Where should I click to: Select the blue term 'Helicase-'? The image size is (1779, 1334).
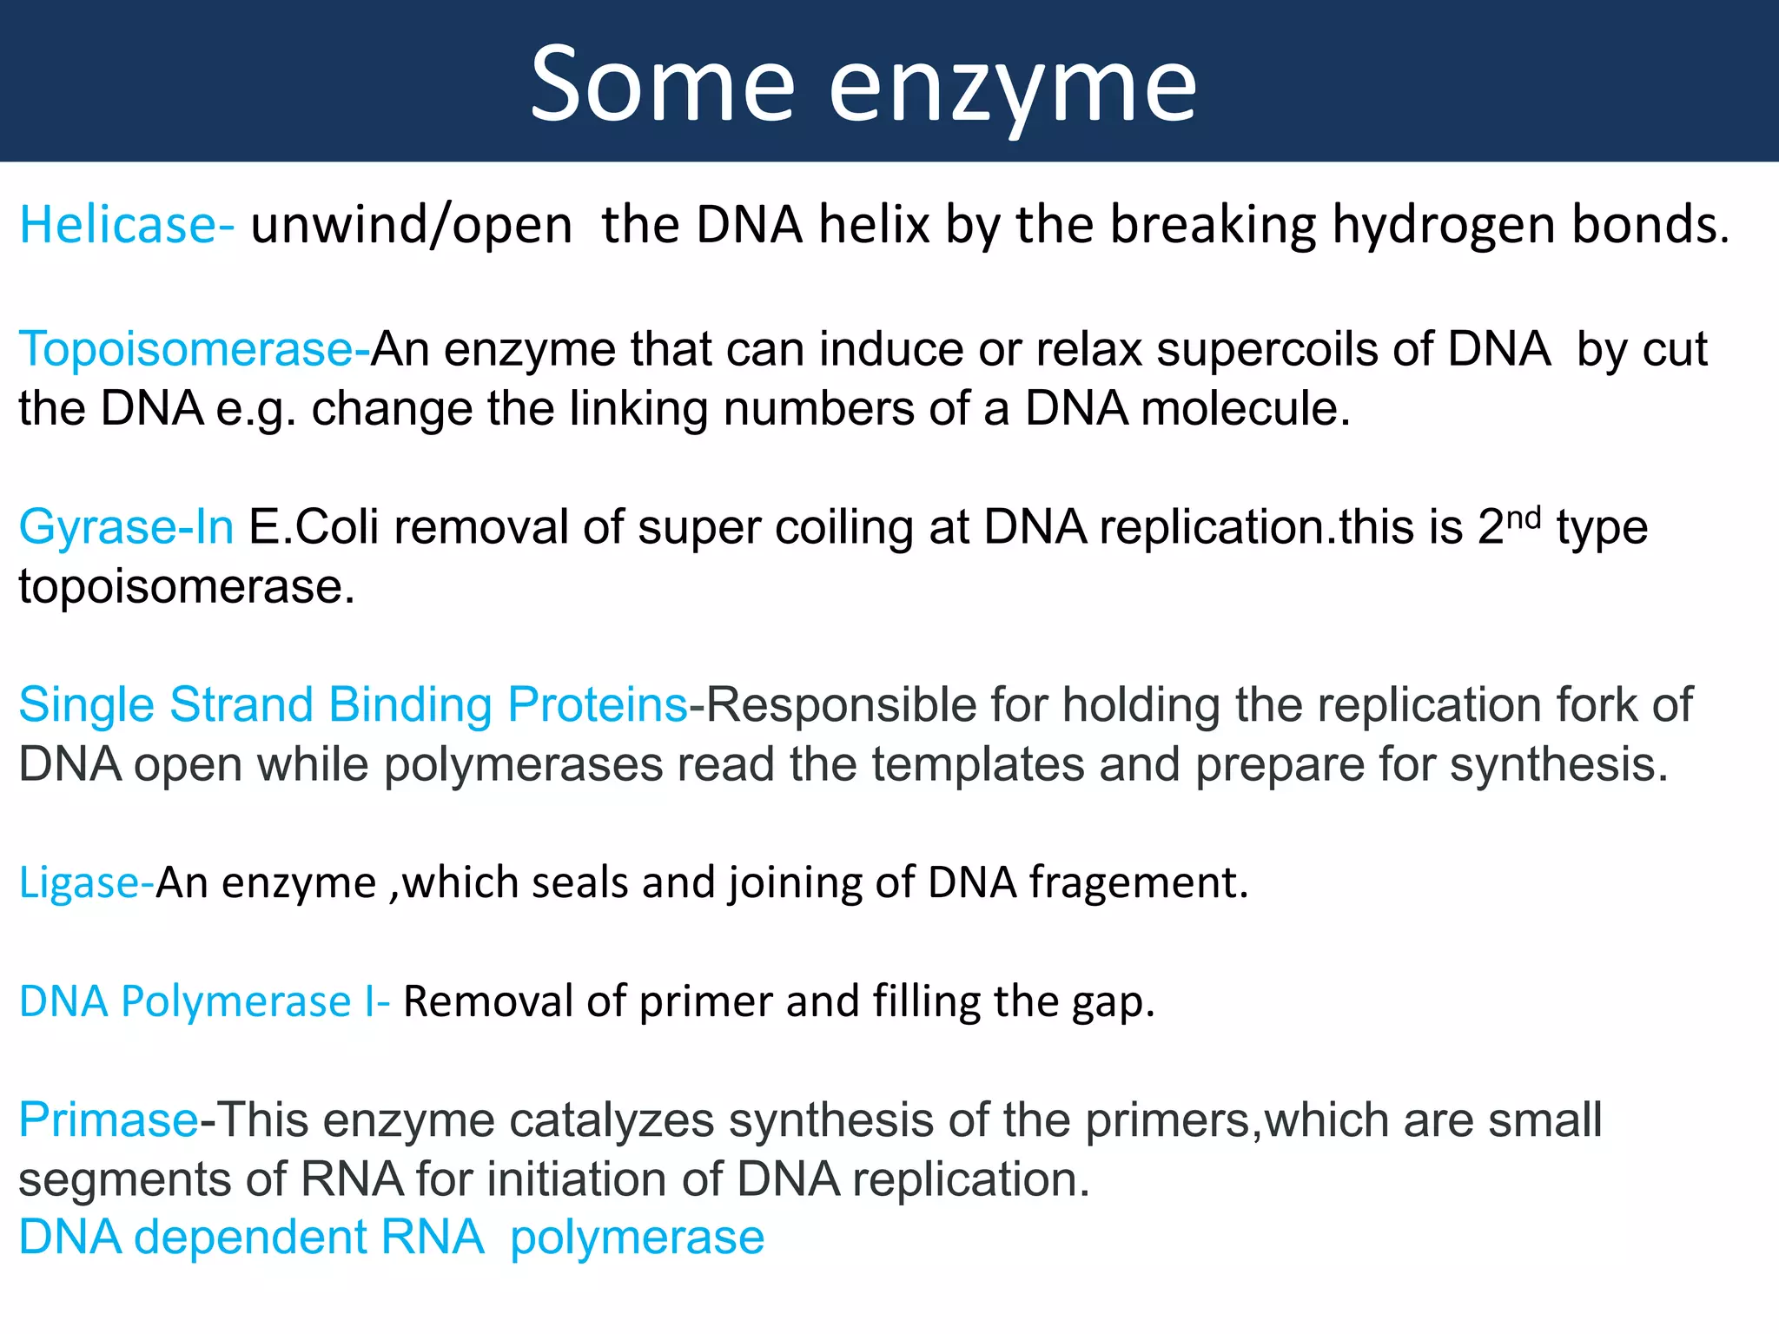pyautogui.click(x=127, y=225)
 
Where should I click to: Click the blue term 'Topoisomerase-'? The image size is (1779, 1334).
pyautogui.click(x=194, y=349)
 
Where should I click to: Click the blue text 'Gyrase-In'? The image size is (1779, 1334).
pyautogui.click(x=126, y=527)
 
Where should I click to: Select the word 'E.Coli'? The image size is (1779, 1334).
pyautogui.click(x=314, y=527)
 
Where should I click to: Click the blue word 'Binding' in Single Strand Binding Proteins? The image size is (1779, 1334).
pyautogui.click(x=410, y=704)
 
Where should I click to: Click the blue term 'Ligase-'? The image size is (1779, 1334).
pyautogui.click(x=86, y=882)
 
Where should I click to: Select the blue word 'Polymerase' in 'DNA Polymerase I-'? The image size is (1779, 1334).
pyautogui.click(x=235, y=1001)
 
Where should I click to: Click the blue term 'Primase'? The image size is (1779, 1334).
pyautogui.click(x=109, y=1119)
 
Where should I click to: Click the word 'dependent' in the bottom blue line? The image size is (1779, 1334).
pyautogui.click(x=251, y=1237)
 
